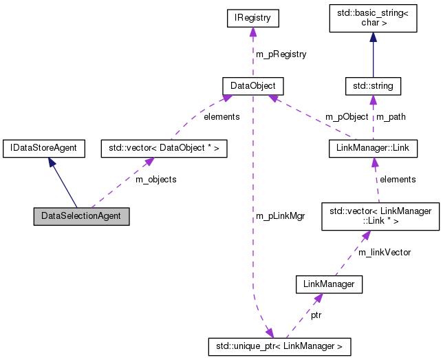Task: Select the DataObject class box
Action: pos(253,86)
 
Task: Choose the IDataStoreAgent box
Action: pos(44,147)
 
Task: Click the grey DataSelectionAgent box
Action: pos(81,215)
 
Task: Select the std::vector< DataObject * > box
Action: pos(154,147)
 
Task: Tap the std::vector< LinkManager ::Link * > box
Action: pos(380,215)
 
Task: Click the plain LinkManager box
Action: pos(328,283)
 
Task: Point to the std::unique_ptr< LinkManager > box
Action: pos(280,346)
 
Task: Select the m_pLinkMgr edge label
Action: pos(280,216)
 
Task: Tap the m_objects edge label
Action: pos(155,179)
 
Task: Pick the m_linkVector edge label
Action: pos(385,252)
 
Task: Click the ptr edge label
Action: pos(315,315)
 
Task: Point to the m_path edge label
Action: pos(391,116)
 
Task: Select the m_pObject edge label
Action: pos(347,116)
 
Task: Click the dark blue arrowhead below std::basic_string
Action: pos(373,40)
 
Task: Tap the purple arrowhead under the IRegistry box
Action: pos(252,33)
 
